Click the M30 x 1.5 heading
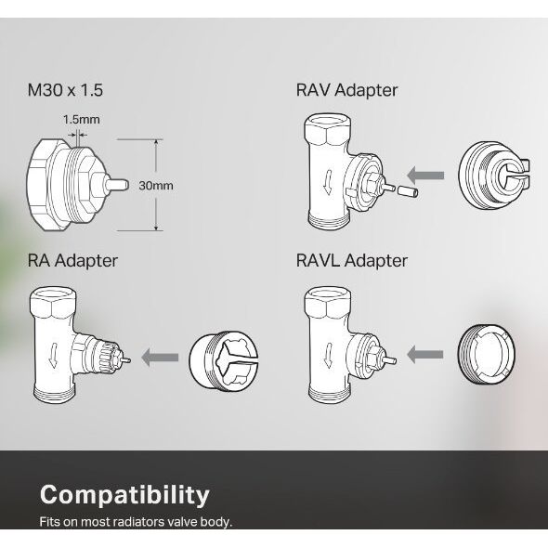[x=65, y=90]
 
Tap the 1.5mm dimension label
[x=82, y=120]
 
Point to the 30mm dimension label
[x=156, y=185]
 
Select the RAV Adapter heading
[x=346, y=90]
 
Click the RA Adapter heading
[x=72, y=261]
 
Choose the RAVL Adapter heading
[x=352, y=261]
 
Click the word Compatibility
[x=124, y=496]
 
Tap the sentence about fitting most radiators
[x=136, y=522]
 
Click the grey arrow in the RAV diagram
[x=425, y=176]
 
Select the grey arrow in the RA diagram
[x=160, y=358]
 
